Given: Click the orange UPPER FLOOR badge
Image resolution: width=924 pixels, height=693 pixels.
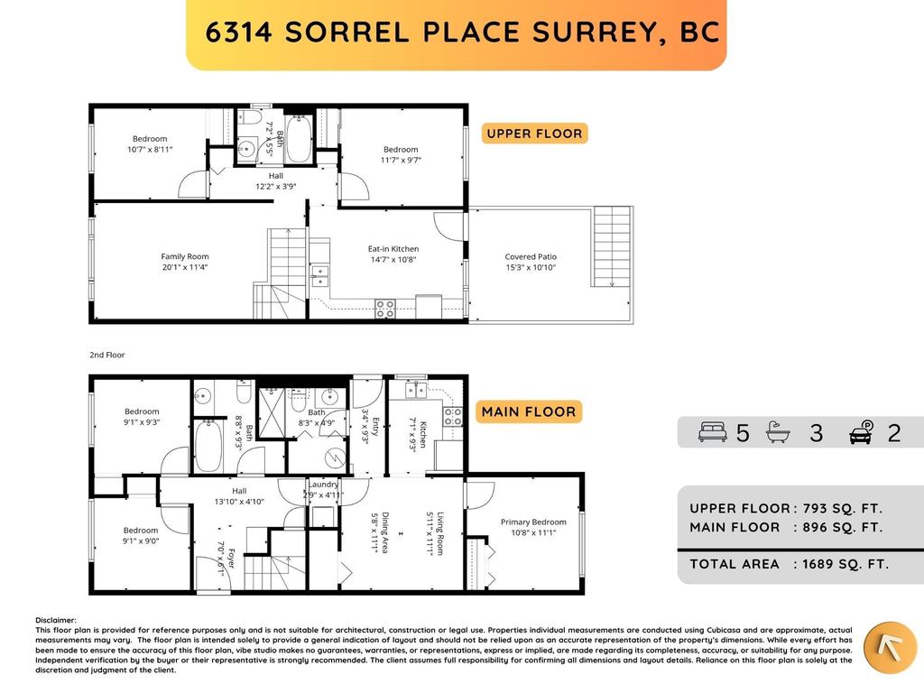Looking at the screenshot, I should click(x=534, y=134).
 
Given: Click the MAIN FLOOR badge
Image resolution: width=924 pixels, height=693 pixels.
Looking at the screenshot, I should click(x=529, y=411).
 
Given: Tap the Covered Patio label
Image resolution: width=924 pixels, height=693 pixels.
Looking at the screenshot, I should click(x=531, y=262).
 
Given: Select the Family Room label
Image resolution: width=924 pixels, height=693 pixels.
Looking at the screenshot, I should click(x=184, y=262).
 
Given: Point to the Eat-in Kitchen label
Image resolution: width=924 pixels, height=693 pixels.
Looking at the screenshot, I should click(x=393, y=254).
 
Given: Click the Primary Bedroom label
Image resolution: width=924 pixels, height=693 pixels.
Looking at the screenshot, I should click(x=533, y=527).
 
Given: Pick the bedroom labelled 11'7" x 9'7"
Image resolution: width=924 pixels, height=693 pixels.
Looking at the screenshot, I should click(x=401, y=154).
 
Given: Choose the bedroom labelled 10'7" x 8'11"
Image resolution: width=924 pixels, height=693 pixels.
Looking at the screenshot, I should click(x=149, y=143).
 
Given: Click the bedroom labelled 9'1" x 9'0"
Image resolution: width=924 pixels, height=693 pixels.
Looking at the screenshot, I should click(x=141, y=536).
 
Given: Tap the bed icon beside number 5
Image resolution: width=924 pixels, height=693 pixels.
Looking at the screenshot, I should click(x=712, y=433).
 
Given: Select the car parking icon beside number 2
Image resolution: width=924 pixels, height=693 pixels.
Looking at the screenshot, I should click(x=862, y=433).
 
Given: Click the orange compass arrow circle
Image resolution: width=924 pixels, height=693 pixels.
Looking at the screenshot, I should click(x=890, y=647).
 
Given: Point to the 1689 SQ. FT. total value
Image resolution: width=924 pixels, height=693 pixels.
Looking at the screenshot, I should click(x=841, y=564).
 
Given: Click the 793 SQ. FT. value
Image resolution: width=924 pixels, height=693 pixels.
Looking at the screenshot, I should click(x=838, y=508).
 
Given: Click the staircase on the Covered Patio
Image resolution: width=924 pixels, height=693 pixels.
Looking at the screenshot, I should click(x=613, y=245).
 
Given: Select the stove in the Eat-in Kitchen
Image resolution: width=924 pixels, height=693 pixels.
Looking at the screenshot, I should click(x=384, y=309).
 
